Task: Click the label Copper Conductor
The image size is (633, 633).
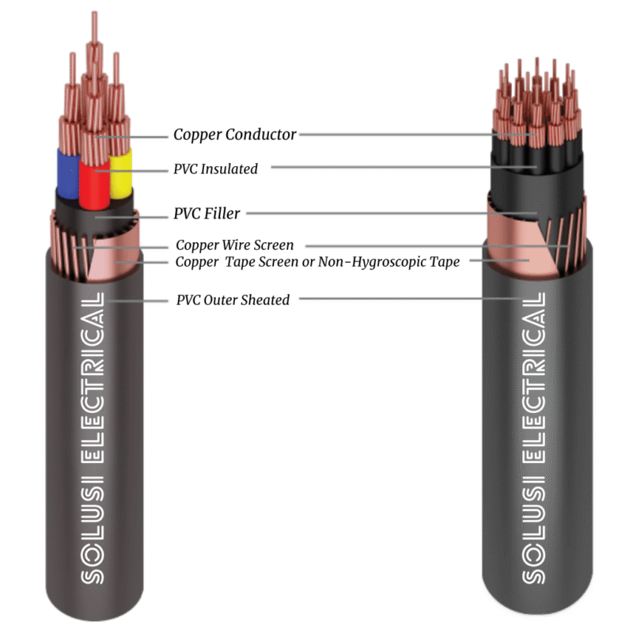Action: click(235, 135)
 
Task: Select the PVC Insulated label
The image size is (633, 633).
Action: click(215, 169)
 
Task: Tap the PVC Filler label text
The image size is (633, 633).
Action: click(207, 214)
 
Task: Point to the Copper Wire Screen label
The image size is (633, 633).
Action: click(234, 245)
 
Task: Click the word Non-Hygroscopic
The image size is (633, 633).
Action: click(370, 262)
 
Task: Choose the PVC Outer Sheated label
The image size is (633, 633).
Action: click(233, 300)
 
